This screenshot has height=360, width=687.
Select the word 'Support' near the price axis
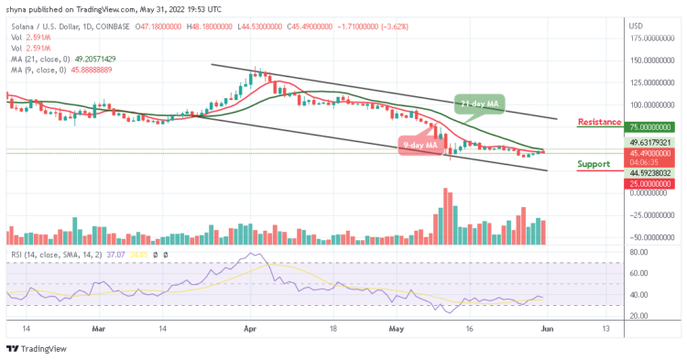click(594, 165)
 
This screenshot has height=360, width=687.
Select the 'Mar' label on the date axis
click(101, 327)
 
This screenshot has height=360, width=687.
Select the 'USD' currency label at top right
click(636, 24)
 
